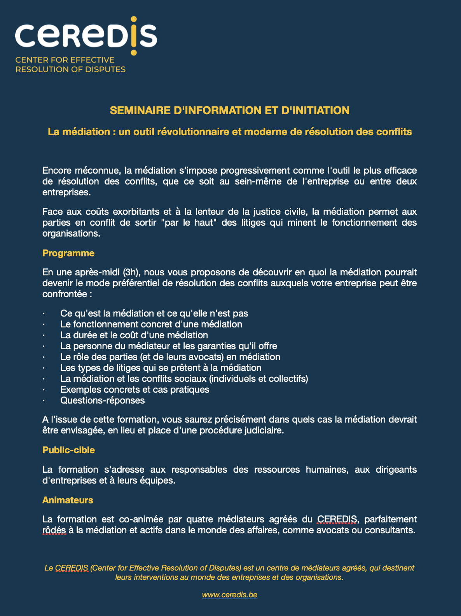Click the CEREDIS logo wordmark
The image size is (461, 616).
[86, 36]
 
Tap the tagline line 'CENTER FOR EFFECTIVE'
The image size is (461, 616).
[65, 60]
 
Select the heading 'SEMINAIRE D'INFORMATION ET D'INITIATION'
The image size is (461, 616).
[230, 110]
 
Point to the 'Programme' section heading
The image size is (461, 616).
[68, 253]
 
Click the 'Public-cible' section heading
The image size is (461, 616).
[68, 450]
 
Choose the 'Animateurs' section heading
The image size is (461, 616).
[68, 500]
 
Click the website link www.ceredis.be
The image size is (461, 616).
[229, 595]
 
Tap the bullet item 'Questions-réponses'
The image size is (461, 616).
[102, 400]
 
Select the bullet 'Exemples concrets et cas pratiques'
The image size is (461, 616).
[134, 389]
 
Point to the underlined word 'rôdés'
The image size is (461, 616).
[54, 530]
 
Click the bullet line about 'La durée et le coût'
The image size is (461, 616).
[134, 335]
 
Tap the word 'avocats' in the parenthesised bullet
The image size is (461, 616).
[198, 357]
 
